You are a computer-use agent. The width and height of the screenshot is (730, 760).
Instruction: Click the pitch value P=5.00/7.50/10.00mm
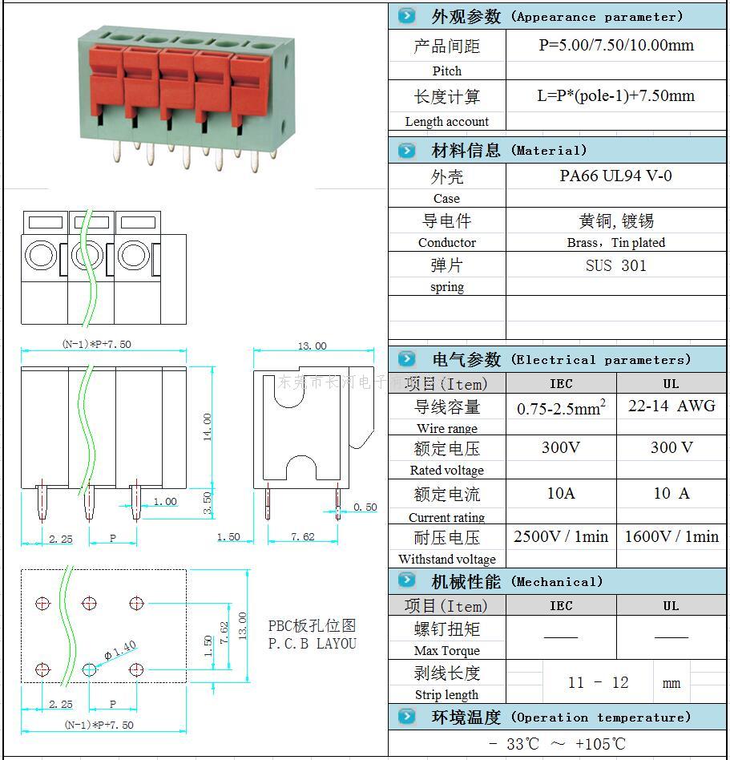tap(615, 46)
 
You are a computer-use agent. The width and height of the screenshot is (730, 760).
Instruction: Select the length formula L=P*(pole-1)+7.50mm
tap(615, 96)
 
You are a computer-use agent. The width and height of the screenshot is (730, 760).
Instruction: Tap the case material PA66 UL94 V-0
tap(615, 176)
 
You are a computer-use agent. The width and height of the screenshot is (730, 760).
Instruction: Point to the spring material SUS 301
tap(615, 265)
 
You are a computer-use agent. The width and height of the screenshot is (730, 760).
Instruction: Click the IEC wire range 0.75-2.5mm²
tap(561, 408)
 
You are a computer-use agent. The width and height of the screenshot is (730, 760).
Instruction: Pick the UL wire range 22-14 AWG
tap(672, 406)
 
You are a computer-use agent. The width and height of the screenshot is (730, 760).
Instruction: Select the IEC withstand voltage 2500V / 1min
tap(561, 536)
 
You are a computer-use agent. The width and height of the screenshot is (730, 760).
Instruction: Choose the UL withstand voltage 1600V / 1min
tap(672, 536)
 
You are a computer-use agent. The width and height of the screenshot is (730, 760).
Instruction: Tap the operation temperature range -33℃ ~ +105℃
tap(557, 744)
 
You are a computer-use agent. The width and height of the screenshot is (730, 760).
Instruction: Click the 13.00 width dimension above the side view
tap(313, 346)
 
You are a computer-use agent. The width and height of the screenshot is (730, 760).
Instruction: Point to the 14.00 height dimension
tap(208, 427)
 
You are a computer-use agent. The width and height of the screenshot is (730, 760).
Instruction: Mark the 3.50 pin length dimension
tap(208, 503)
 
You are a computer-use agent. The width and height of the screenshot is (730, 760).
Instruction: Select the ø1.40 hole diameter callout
tap(121, 650)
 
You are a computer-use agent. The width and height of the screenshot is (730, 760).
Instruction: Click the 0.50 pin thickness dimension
tap(365, 507)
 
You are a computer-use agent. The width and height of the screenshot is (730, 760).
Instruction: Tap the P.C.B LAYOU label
tap(312, 643)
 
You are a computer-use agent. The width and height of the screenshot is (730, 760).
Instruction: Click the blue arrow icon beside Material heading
tap(407, 151)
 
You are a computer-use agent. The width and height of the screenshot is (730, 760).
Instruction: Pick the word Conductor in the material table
tap(446, 243)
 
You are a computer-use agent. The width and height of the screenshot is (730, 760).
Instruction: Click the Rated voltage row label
tap(446, 471)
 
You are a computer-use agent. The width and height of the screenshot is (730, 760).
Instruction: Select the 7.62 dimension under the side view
tap(302, 537)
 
